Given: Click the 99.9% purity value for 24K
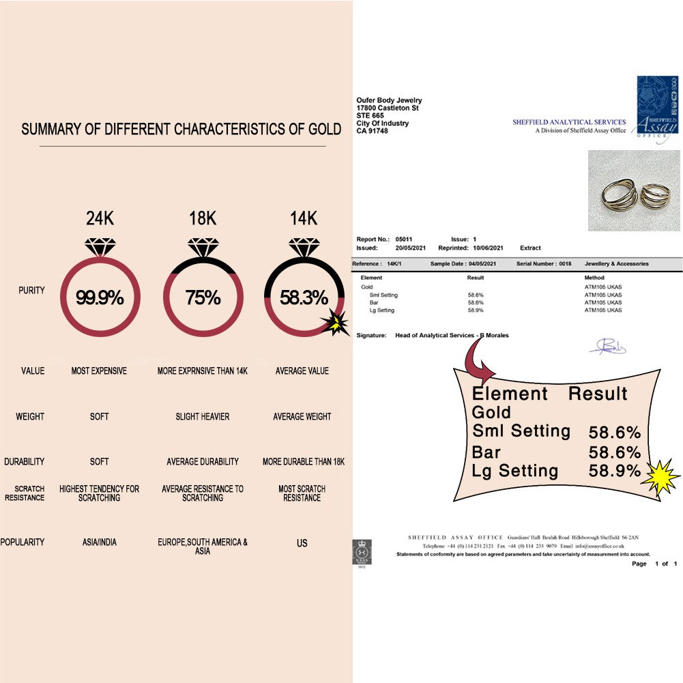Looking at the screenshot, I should [x=100, y=298].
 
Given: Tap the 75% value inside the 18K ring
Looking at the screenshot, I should [x=203, y=298].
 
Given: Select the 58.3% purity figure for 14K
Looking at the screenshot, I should [x=304, y=298].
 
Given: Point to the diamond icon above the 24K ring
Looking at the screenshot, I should [x=100, y=246].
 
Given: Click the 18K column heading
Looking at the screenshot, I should [x=203, y=219].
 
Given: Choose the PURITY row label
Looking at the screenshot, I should [x=31, y=291].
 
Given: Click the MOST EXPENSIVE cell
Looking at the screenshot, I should [x=99, y=371].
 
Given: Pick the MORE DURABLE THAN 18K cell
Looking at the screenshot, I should [x=303, y=462].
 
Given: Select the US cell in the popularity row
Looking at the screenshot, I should [x=302, y=543].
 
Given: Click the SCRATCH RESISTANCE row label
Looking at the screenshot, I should [x=29, y=493].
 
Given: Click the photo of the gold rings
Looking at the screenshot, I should [x=635, y=190].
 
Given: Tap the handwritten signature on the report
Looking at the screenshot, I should [x=607, y=347].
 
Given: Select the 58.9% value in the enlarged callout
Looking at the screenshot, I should [x=614, y=471].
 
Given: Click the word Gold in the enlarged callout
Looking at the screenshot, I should [x=491, y=412].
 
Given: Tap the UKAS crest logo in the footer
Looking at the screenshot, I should [x=361, y=552].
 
